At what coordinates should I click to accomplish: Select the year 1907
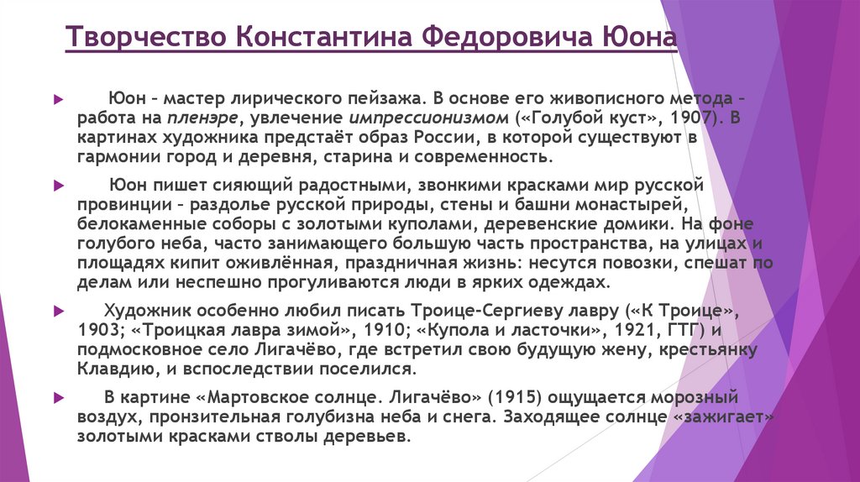(x=686, y=117)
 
